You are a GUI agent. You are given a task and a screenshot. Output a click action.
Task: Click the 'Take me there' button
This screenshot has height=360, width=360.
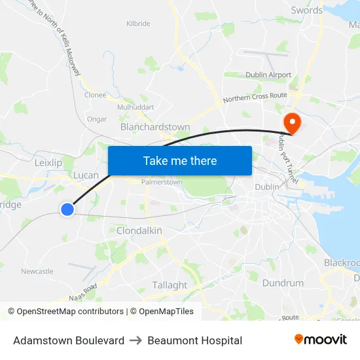click(x=179, y=160)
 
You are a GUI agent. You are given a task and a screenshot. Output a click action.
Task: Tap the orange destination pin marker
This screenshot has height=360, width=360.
click(x=290, y=122)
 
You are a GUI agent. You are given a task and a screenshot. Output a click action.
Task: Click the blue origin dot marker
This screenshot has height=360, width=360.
click(x=67, y=209)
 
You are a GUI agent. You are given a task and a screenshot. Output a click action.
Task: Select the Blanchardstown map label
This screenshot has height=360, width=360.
click(x=155, y=127)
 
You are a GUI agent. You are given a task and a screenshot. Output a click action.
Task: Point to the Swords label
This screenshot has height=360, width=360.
click(x=306, y=10)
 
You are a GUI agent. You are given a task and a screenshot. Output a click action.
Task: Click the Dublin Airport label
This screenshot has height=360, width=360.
click(x=268, y=75)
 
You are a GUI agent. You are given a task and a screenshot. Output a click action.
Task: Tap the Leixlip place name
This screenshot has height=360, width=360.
click(x=47, y=162)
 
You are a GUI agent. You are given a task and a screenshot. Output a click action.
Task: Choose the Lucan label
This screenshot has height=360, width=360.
click(x=86, y=175)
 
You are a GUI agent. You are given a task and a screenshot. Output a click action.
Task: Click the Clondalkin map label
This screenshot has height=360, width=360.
click(x=139, y=230)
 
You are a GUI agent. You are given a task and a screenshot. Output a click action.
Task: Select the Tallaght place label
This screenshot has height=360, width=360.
click(x=170, y=285)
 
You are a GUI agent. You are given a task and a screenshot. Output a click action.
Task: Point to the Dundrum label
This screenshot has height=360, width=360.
click(x=283, y=283)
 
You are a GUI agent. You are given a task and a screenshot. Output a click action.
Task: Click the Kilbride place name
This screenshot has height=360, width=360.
click(x=137, y=24)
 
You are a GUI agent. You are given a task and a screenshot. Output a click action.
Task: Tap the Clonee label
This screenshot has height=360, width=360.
click(x=95, y=94)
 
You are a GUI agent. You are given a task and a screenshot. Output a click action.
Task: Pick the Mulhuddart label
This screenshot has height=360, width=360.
click(x=135, y=107)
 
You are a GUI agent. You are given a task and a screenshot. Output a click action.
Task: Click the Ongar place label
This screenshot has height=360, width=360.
click(x=96, y=119)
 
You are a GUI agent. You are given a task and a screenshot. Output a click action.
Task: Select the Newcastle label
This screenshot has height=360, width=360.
click(x=37, y=271)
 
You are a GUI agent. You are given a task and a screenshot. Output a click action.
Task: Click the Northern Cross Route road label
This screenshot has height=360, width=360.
click(x=255, y=98)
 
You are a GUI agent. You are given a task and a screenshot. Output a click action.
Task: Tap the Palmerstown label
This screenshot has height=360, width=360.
click(x=162, y=182)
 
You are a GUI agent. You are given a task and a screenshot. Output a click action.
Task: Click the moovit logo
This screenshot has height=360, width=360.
click(x=320, y=340)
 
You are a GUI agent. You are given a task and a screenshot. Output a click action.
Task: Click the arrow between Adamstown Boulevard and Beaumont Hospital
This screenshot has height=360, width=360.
click(x=135, y=340)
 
